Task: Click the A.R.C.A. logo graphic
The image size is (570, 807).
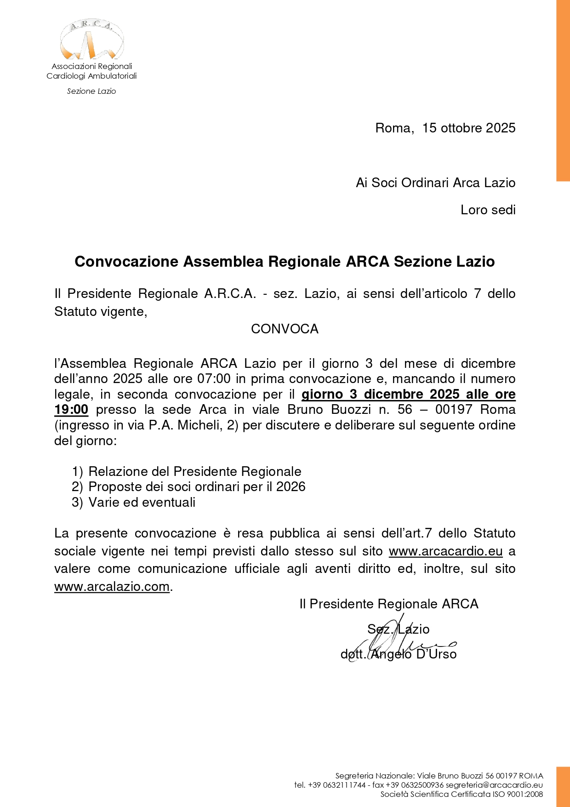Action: click(91, 40)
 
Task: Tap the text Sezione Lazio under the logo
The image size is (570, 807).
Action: click(91, 91)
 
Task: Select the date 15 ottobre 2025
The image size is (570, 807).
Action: click(468, 128)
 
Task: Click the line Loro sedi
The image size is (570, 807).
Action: click(488, 210)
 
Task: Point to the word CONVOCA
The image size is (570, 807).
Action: click(285, 329)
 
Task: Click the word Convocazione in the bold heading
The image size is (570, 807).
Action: click(126, 262)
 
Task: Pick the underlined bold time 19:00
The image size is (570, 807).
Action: click(71, 410)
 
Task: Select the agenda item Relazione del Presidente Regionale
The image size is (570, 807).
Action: click(194, 472)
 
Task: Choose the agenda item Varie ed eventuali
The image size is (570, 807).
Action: click(142, 503)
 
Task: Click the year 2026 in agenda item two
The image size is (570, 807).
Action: click(291, 487)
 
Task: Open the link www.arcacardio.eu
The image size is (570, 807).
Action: click(445, 551)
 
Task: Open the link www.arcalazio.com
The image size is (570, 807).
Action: click(112, 587)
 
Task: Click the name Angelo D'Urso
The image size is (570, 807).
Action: click(413, 654)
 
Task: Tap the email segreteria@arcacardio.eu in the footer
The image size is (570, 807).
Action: click(494, 785)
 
